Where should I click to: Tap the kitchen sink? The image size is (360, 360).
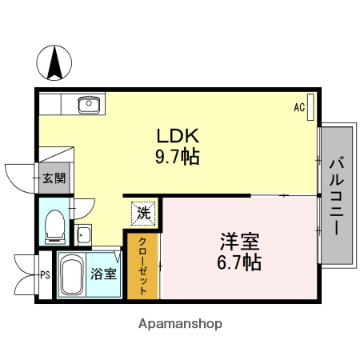(x=86, y=104)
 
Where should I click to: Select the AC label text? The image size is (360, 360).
(x=298, y=107)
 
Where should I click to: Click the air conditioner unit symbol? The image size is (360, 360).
(x=311, y=106)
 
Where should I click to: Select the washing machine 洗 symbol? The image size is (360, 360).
(x=143, y=213)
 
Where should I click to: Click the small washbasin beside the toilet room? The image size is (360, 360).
(x=82, y=235)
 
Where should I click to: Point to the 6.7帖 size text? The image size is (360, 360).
(x=238, y=262)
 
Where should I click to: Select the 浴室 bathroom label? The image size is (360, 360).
(x=104, y=274)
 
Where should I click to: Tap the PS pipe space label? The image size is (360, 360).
(x=44, y=274)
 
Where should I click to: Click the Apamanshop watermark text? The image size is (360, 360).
(x=180, y=324)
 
